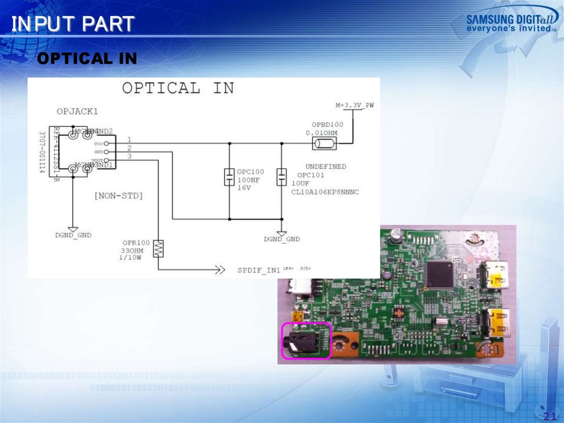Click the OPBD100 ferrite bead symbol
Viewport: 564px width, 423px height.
pyautogui.click(x=324, y=144)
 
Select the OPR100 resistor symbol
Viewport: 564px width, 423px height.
pyautogui.click(x=159, y=248)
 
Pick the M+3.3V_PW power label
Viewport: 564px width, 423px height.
pyautogui.click(x=355, y=105)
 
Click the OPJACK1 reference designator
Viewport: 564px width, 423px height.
pyautogui.click(x=77, y=111)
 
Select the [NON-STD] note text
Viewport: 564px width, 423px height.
pyautogui.click(x=118, y=195)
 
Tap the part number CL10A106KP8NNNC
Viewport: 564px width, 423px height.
pyautogui.click(x=325, y=191)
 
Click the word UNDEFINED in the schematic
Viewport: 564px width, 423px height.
pyautogui.click(x=326, y=166)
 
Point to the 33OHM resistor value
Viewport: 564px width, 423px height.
pyautogui.click(x=134, y=250)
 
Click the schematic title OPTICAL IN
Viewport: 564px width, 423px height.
pyautogui.click(x=177, y=88)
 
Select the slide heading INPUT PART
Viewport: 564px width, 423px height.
pyautogui.click(x=73, y=24)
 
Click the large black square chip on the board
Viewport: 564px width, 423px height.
pyautogui.click(x=440, y=274)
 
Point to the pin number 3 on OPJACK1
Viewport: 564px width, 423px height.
pyautogui.click(x=129, y=157)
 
